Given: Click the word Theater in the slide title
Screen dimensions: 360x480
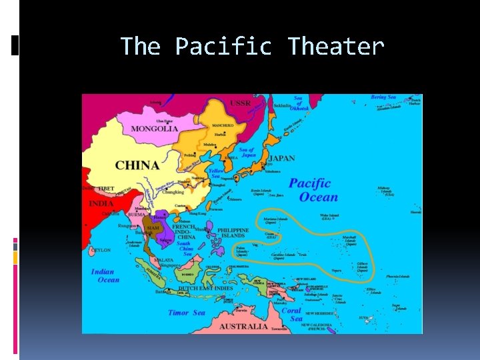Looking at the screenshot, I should (336, 47).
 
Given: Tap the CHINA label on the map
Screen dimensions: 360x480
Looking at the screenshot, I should (137, 165).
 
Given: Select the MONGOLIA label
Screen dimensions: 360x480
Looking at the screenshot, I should (155, 129).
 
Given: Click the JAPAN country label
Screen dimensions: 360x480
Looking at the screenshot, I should (281, 159).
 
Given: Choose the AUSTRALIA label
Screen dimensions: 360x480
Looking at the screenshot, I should (244, 326).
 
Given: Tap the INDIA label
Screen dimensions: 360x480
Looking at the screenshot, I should (101, 203).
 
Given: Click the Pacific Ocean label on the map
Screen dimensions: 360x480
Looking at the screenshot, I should (310, 190).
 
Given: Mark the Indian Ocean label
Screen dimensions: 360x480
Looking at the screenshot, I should (105, 276).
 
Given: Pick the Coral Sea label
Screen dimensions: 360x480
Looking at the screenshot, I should (291, 314).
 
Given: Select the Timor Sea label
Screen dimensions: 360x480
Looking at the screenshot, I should (187, 313).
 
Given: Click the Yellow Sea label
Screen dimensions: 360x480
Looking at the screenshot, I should (215, 174).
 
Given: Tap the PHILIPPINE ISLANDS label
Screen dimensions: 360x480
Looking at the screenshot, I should (233, 233).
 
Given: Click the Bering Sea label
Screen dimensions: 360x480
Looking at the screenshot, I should (383, 97).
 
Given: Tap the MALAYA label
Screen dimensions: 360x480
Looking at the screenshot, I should (163, 260).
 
